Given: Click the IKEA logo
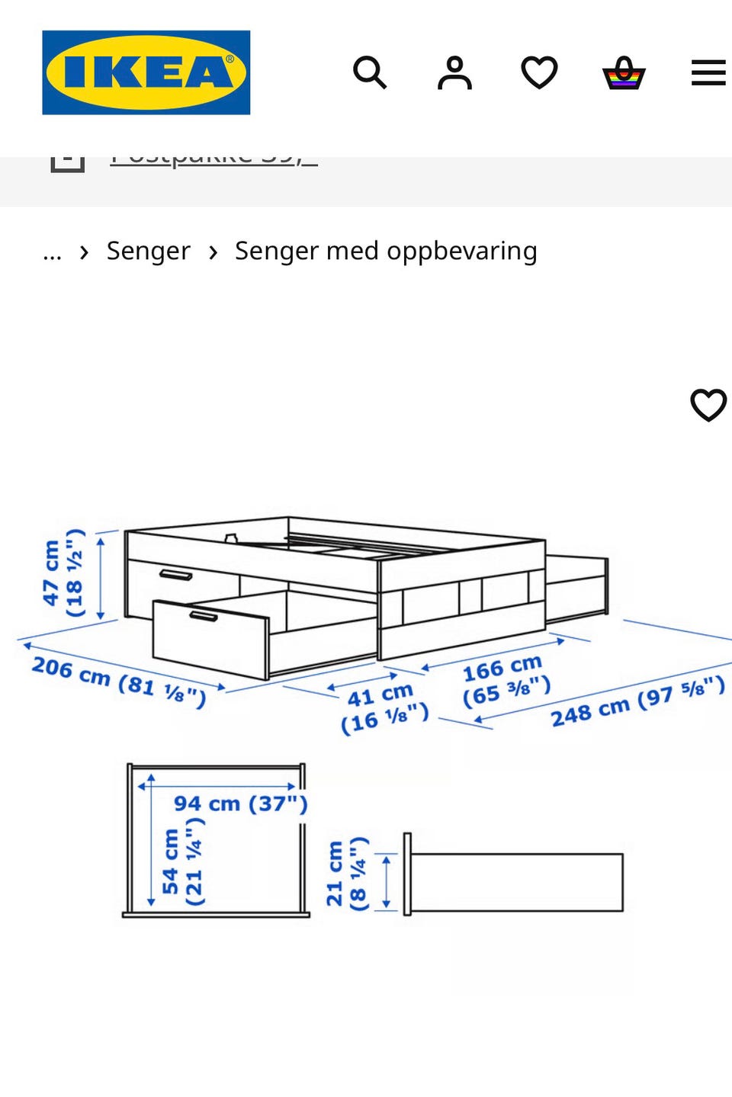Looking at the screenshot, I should (x=146, y=72).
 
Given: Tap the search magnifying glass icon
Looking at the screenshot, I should (x=370, y=73).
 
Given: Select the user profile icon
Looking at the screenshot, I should (x=454, y=73).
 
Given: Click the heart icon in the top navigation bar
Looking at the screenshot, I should (x=539, y=73).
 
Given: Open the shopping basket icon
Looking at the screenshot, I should (x=624, y=73).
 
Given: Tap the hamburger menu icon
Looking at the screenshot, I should (x=708, y=73).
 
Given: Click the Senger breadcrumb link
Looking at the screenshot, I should (x=148, y=251).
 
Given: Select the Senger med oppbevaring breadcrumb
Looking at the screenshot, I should (x=386, y=251).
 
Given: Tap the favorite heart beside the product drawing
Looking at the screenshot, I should (x=708, y=405).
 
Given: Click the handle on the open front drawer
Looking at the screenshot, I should (x=204, y=615).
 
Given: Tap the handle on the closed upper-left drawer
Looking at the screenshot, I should (x=175, y=574).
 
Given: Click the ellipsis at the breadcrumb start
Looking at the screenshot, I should (x=52, y=252).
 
